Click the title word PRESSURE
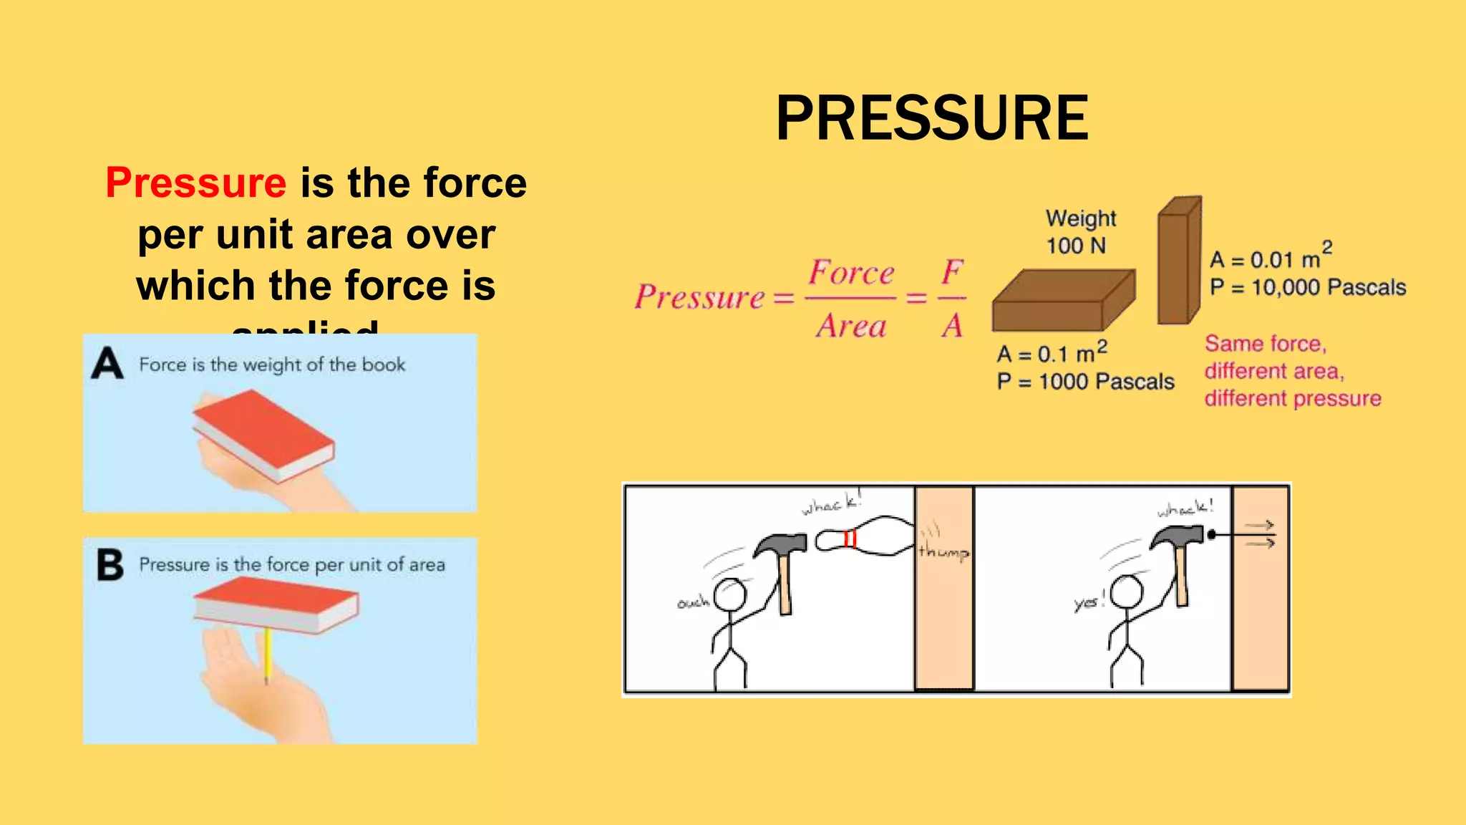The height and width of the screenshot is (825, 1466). coord(932,118)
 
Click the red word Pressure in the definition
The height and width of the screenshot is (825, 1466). coord(196,183)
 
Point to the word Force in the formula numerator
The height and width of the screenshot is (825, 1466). coord(851,273)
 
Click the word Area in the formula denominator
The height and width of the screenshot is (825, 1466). coord(851,326)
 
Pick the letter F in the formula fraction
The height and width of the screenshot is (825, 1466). coord(952,272)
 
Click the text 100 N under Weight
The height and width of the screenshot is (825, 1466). coord(1076,246)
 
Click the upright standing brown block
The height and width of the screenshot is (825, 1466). coord(1178,261)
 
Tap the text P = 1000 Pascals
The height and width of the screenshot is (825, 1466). coord(1085,382)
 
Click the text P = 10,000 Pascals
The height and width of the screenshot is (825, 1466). coord(1308,288)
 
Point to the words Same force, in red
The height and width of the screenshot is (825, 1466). coord(1266,344)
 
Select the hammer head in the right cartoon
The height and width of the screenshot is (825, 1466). coord(1178,536)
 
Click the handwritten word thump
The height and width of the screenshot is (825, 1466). coord(943,551)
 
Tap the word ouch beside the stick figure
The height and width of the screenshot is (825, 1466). coord(693,603)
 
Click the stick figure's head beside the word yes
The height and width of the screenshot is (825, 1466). coord(1127,592)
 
